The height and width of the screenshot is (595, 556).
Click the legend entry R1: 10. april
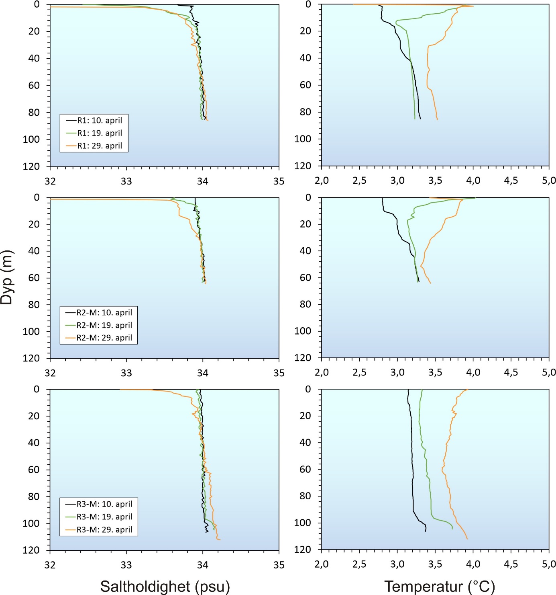pyautogui.click(x=99, y=120)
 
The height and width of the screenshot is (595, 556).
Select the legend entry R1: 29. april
pyautogui.click(x=99, y=146)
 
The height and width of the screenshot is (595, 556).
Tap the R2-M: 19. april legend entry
pyautogui.click(x=104, y=325)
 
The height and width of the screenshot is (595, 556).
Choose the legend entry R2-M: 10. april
pyautogui.click(x=104, y=312)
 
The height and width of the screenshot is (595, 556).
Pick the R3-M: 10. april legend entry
pyautogui.click(x=104, y=504)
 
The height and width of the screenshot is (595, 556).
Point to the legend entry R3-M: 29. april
pyautogui.click(x=104, y=529)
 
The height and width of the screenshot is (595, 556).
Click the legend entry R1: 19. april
pyautogui.click(x=99, y=133)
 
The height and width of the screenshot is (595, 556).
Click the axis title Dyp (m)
pyautogui.click(x=7, y=277)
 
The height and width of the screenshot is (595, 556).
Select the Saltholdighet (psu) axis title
pyautogui.click(x=165, y=586)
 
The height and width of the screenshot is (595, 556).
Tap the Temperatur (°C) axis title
pyautogui.click(x=439, y=586)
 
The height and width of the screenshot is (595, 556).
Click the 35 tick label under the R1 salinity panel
pyautogui.click(x=279, y=181)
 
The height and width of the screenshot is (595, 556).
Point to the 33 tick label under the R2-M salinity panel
pyautogui.click(x=126, y=373)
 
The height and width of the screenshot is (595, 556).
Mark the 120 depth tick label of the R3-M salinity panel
pyautogui.click(x=31, y=550)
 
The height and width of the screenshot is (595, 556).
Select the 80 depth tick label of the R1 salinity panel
pyautogui.click(x=34, y=112)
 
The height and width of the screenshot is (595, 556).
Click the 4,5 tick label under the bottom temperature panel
pyautogui.click(x=511, y=564)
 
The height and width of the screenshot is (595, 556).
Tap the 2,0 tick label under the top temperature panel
pyautogui.click(x=322, y=181)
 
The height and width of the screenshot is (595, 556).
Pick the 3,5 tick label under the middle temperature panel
pyautogui.click(x=435, y=372)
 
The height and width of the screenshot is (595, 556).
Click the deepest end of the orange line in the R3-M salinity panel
pyautogui.click(x=220, y=540)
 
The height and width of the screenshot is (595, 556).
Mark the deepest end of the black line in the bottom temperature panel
pyautogui.click(x=425, y=531)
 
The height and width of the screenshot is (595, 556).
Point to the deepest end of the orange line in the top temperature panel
pyautogui.click(x=437, y=119)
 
